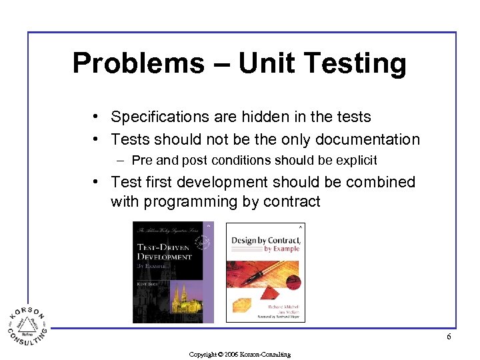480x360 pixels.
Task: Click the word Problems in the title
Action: pyautogui.click(x=129, y=63)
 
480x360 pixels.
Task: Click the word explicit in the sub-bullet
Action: pyautogui.click(x=357, y=160)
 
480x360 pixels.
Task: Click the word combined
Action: pyautogui.click(x=380, y=182)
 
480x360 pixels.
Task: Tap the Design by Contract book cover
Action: pyautogui.click(x=265, y=272)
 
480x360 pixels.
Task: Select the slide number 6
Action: pyautogui.click(x=449, y=337)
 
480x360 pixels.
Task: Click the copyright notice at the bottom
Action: pyautogui.click(x=240, y=354)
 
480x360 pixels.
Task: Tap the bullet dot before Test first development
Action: pyautogui.click(x=97, y=182)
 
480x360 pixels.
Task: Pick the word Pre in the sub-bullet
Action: pyautogui.click(x=141, y=160)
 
